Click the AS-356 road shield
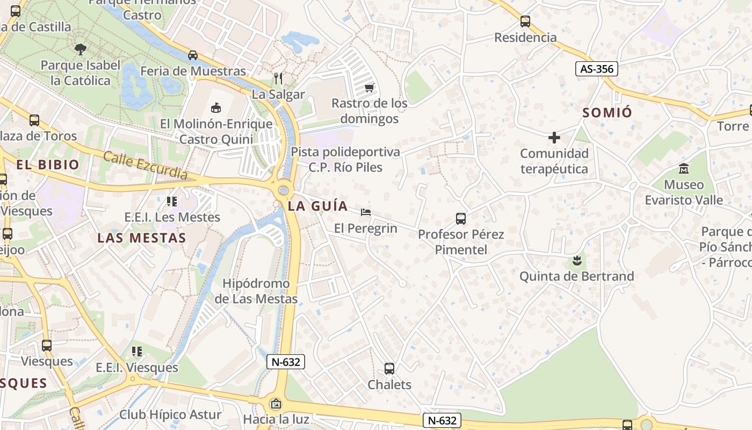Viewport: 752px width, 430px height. tap(597, 69)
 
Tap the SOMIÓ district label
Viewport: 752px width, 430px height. tap(608, 112)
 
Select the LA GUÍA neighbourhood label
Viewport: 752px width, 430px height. tap(317, 206)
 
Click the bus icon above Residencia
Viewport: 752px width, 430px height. tap(525, 22)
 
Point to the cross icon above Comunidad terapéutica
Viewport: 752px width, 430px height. tap(554, 138)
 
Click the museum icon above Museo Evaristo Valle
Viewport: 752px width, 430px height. tap(684, 169)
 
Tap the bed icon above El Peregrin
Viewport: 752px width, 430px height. tap(366, 212)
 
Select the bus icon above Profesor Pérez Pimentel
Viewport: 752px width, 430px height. tap(461, 218)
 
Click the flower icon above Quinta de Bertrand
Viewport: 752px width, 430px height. tap(577, 261)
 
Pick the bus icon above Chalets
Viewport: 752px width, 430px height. tap(389, 369)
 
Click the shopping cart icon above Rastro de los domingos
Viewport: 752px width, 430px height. tap(369, 87)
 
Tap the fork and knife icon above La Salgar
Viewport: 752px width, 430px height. tap(278, 78)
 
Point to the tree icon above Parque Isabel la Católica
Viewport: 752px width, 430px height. tap(80, 49)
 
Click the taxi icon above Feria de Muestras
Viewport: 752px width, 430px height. tap(193, 55)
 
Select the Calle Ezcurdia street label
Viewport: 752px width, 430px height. tap(145, 166)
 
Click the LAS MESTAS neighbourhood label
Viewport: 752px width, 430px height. tap(142, 238)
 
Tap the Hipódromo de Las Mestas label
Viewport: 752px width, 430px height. tap(256, 291)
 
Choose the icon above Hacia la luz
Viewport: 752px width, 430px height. tap(276, 403)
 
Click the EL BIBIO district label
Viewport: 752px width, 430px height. tap(48, 164)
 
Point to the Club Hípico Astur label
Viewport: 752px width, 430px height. tap(170, 414)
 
